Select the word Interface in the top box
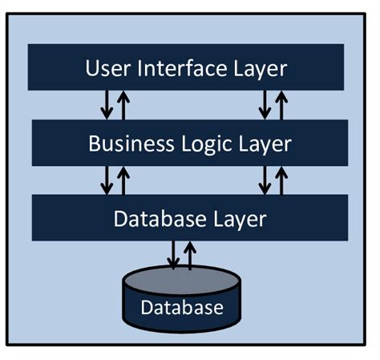click(184, 68)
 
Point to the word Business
click(127, 144)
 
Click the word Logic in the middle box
click(204, 144)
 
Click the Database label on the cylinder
click(181, 307)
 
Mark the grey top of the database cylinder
click(181, 280)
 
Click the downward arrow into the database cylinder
click(172, 255)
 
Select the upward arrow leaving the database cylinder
click(189, 255)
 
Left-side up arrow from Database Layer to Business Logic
click(123, 180)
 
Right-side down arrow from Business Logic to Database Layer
click(265, 180)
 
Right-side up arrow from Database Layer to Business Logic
click(281, 180)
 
